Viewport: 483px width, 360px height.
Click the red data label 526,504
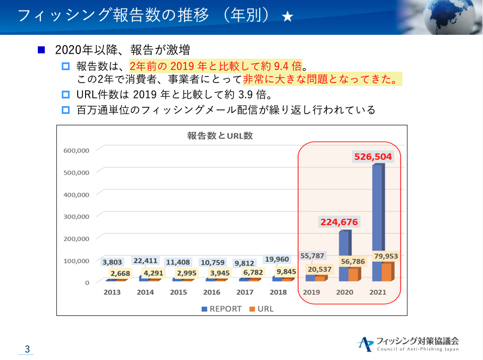tap(373, 157)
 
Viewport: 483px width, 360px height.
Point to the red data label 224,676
tap(339, 222)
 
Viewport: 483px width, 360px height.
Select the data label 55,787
tap(312, 256)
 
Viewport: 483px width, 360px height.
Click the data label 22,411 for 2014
tap(145, 261)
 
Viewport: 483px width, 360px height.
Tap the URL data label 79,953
tap(386, 256)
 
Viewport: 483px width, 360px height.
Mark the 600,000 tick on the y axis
tap(77, 151)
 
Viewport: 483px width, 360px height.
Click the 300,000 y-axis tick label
tap(77, 217)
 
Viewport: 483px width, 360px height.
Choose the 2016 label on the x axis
tap(211, 292)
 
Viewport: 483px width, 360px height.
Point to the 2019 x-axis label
tap(311, 292)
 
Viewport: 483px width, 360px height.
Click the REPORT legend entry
tap(221, 309)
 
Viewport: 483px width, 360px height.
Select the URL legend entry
tap(262, 309)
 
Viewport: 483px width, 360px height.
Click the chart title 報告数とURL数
tap(220, 136)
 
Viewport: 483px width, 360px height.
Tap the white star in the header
tap(288, 16)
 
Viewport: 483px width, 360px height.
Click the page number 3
tap(27, 349)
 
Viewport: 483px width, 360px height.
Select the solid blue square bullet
tap(41, 50)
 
